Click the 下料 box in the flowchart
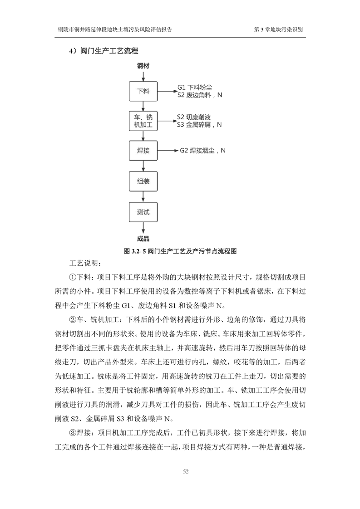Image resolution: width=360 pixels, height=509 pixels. tap(143, 91)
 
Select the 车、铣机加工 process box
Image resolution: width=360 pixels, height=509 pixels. tap(143, 120)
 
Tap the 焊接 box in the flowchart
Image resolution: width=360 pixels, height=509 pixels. tap(143, 150)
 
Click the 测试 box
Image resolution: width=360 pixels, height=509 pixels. tap(143, 211)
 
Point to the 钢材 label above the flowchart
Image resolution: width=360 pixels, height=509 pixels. tap(143, 66)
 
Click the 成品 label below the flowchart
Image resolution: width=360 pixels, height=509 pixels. tap(143, 239)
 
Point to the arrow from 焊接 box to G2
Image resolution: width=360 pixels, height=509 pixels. tap(166, 150)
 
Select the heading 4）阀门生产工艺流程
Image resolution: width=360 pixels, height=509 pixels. tap(104, 50)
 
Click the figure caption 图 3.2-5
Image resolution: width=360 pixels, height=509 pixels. tap(180, 250)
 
